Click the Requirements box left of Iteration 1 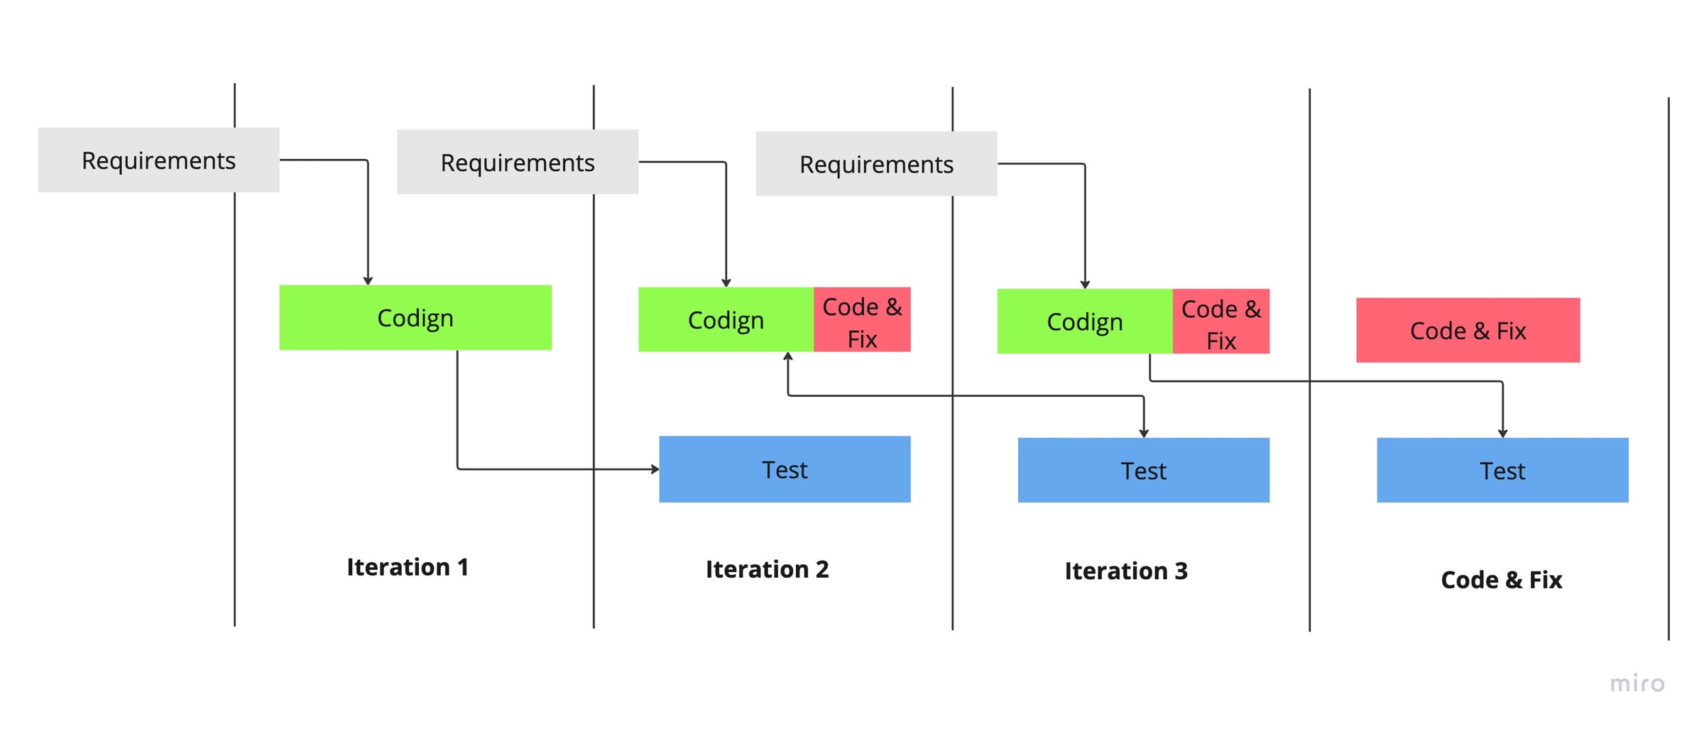tap(158, 160)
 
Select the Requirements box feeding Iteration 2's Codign tap(517, 163)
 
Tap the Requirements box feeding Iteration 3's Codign tap(876, 164)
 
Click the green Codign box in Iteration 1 tap(415, 318)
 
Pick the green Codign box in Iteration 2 tap(725, 320)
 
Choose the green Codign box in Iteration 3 tap(1084, 321)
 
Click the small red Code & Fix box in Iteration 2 tap(862, 320)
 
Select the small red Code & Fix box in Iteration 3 tap(1220, 321)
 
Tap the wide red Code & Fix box tap(1468, 331)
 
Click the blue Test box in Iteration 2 tap(785, 470)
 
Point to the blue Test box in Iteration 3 tap(1143, 471)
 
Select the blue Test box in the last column tap(1502, 471)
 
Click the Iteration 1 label tap(407, 567)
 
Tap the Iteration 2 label tap(767, 569)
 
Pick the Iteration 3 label tap(1125, 571)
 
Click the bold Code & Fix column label tap(1501, 580)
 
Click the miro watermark tap(1637, 683)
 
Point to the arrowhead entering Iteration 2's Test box tap(655, 469)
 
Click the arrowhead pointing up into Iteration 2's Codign tap(787, 356)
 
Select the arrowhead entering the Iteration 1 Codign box tap(368, 281)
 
